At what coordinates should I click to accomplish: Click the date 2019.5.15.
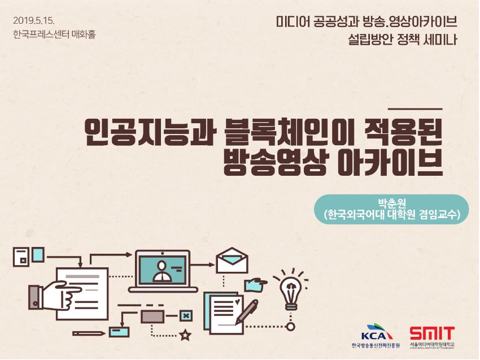pos(34,21)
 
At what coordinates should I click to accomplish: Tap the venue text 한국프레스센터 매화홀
pos(54,34)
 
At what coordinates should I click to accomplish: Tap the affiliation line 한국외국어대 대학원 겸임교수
pos(392,215)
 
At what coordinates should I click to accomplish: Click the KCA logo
pos(376,335)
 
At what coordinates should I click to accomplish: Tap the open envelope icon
pos(232,260)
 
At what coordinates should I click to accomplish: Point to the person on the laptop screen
pos(162,271)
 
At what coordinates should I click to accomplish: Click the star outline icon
pos(185,335)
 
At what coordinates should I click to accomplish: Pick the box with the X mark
pos(186,315)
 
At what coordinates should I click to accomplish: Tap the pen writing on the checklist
pos(246,312)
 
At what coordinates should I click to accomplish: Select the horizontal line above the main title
pos(415,109)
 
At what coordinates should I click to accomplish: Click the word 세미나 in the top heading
pos(440,40)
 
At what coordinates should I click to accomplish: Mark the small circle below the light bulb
pos(291,327)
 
